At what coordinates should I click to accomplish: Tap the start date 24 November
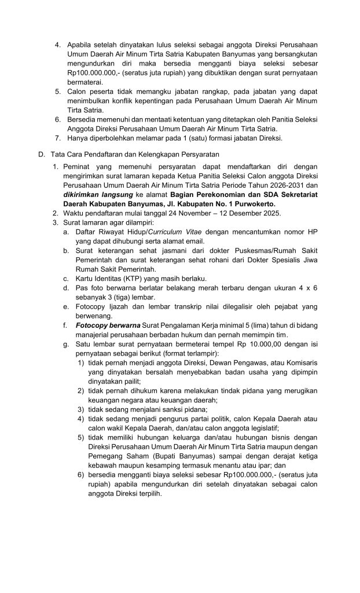click(x=170, y=214)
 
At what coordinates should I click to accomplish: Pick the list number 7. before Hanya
click(x=58, y=138)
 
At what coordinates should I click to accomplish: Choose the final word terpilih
click(x=149, y=493)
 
